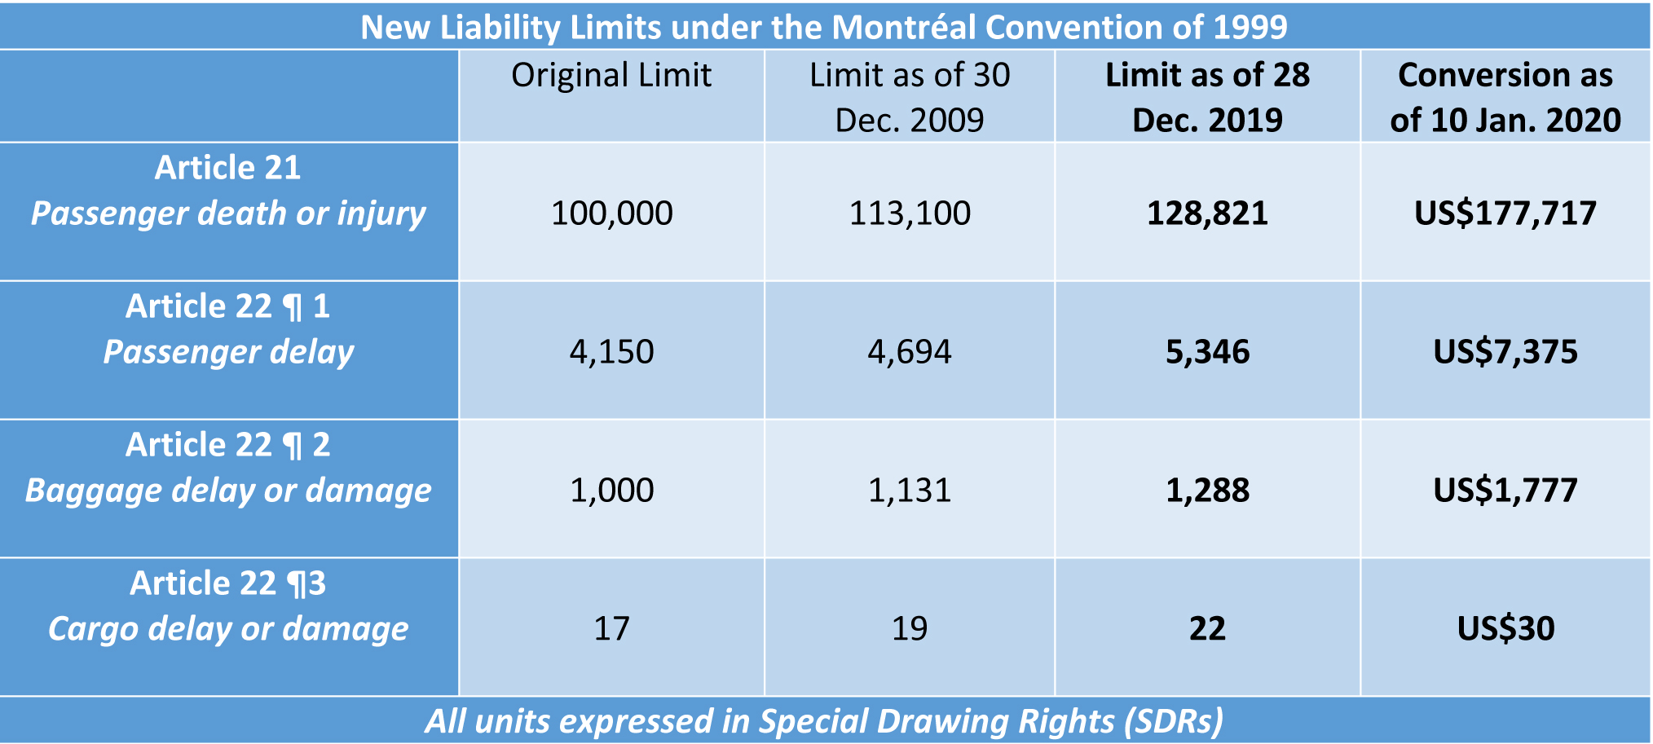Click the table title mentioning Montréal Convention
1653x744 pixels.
tap(824, 27)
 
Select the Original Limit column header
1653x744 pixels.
tap(611, 76)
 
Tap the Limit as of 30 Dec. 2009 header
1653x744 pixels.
tap(910, 97)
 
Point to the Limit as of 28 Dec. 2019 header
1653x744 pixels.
tap(1207, 97)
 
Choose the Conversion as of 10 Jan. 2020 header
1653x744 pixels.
tap(1505, 97)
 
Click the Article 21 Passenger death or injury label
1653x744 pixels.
tap(228, 191)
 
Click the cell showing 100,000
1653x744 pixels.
tap(611, 214)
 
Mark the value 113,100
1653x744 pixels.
tap(910, 214)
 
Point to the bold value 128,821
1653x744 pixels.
tap(1207, 214)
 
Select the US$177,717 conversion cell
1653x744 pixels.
tap(1505, 214)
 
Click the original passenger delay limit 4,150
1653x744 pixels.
tap(611, 352)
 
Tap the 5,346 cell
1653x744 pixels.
tap(1207, 352)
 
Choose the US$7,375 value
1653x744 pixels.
tap(1505, 352)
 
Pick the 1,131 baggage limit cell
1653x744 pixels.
tap(910, 491)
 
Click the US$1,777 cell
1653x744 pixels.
tap(1505, 491)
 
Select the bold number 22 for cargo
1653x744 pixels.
tap(1207, 629)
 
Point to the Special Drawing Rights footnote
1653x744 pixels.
tap(824, 721)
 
